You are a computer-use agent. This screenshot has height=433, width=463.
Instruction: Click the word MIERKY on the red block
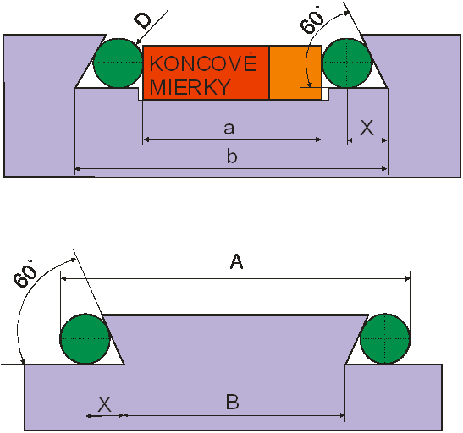(190, 87)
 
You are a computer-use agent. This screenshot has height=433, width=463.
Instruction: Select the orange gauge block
(295, 73)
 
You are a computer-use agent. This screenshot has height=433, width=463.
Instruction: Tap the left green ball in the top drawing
(119, 63)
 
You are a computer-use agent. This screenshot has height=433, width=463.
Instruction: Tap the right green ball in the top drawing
(347, 63)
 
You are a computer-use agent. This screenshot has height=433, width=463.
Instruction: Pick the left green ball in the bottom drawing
(85, 338)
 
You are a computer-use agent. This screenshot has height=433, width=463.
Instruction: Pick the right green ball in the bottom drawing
(385, 338)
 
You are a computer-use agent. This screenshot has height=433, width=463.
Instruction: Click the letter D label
(142, 20)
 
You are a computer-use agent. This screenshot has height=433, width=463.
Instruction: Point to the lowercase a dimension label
(229, 129)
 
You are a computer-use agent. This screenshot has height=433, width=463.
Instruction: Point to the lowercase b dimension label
(232, 156)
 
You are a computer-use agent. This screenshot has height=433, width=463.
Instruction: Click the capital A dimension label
(236, 261)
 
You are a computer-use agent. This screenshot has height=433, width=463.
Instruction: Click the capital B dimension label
(233, 402)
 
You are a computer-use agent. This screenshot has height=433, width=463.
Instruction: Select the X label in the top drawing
(367, 128)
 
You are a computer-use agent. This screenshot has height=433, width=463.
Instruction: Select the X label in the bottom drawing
(104, 404)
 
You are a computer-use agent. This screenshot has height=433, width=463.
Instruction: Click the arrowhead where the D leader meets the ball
(139, 42)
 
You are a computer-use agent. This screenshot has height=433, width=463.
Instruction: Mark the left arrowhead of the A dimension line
(63, 278)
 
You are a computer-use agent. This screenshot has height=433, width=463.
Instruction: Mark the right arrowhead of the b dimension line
(384, 168)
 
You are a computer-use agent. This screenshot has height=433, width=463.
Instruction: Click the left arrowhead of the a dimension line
(146, 140)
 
